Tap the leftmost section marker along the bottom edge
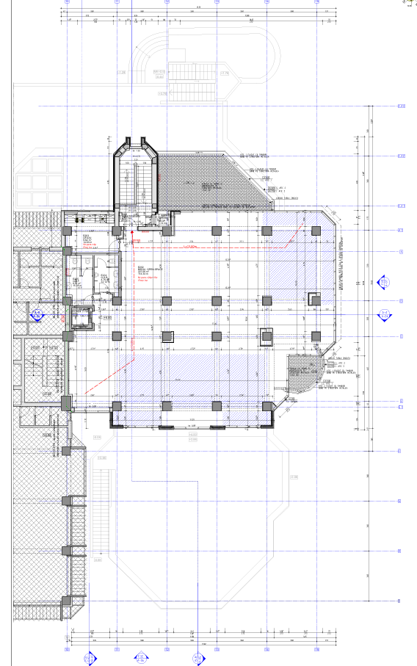tap(91, 657)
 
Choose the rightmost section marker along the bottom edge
tap(197, 657)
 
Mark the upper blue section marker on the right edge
tap(383, 281)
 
